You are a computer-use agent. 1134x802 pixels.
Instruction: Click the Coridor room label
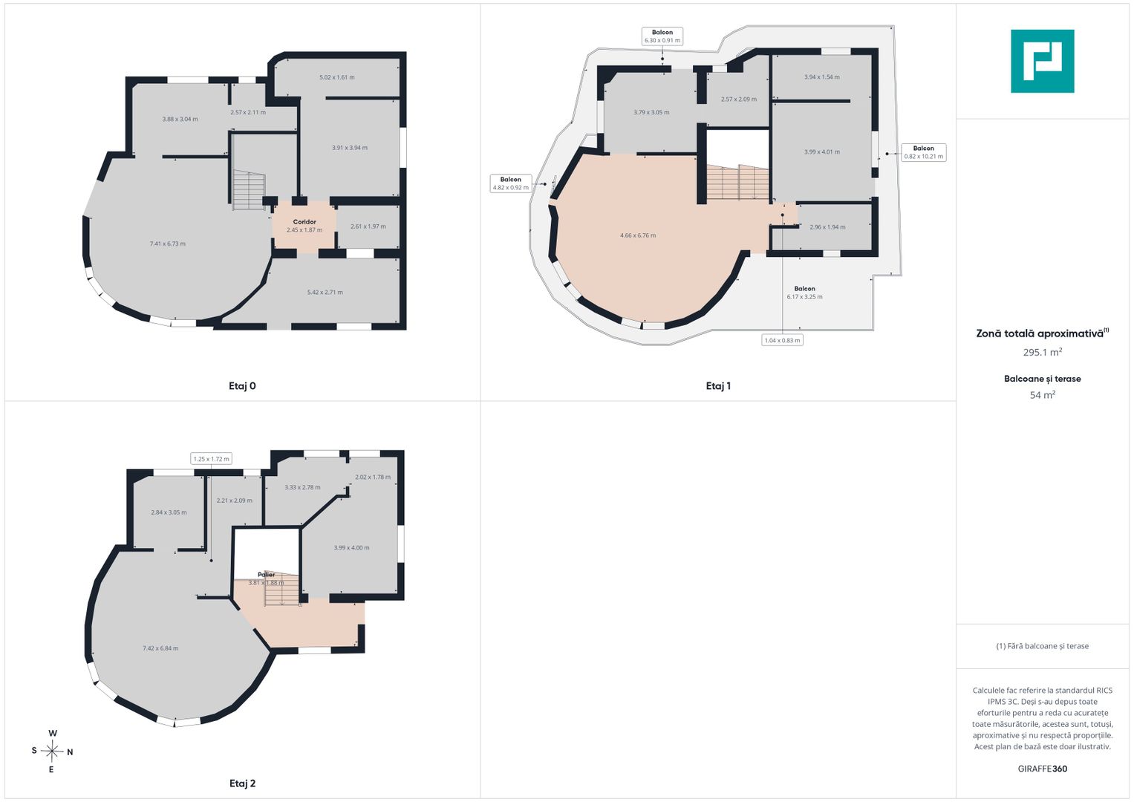click(304, 222)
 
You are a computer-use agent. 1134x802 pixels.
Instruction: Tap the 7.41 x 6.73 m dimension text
click(168, 244)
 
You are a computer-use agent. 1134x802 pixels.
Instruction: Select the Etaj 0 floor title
click(242, 386)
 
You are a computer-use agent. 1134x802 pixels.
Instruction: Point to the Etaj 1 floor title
click(718, 386)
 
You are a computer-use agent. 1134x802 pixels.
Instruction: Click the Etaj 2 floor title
click(242, 783)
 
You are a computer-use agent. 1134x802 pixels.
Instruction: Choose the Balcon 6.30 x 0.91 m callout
click(662, 36)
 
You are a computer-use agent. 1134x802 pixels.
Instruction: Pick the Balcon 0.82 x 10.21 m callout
click(923, 152)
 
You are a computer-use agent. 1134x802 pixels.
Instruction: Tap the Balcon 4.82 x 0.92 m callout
click(510, 183)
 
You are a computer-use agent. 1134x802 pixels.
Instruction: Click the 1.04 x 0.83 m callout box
click(782, 340)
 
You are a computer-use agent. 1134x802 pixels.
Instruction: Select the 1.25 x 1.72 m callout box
click(211, 459)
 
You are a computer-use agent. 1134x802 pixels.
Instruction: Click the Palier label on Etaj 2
click(267, 575)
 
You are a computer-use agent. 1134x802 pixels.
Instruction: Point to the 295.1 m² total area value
click(1043, 352)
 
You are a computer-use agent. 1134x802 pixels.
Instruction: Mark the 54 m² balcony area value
click(1043, 394)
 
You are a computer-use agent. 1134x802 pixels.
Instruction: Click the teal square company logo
click(1043, 61)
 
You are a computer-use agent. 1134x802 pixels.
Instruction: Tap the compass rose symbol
click(52, 752)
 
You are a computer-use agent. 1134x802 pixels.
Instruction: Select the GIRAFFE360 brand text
click(1043, 769)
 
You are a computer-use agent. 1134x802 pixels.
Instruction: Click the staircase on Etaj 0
click(249, 190)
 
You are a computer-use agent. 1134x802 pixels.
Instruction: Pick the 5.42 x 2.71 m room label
click(325, 292)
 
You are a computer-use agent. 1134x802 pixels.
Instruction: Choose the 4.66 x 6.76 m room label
click(638, 235)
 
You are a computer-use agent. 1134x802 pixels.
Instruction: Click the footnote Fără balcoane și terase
click(1043, 646)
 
